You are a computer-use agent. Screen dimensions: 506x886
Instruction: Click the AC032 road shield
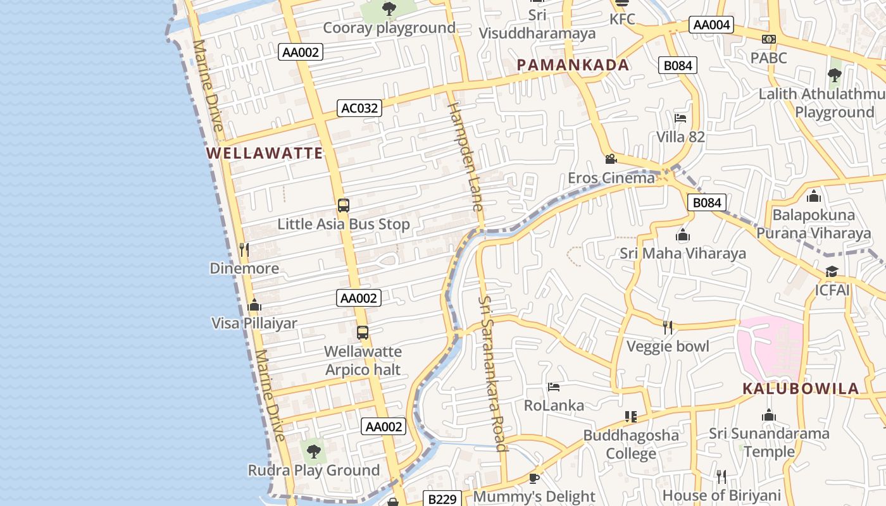(x=359, y=108)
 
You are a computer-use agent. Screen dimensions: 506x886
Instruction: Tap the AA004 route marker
(x=711, y=25)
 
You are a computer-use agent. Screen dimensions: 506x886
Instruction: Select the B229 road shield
(x=442, y=499)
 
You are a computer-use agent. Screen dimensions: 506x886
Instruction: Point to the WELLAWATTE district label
(x=265, y=153)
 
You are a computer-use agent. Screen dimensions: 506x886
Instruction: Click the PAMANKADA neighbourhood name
(x=573, y=65)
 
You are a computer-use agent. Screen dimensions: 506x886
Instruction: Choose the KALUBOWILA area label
(x=801, y=388)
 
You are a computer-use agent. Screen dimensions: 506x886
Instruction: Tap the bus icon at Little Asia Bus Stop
(x=343, y=206)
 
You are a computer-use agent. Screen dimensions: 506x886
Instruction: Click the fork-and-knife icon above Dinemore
(x=244, y=250)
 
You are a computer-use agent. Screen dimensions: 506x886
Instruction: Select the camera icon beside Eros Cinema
(x=611, y=159)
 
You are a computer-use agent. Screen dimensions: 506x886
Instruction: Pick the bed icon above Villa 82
(x=680, y=118)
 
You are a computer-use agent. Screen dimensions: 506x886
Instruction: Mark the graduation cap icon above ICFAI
(x=832, y=272)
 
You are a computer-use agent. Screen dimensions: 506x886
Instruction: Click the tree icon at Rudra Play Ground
(x=313, y=452)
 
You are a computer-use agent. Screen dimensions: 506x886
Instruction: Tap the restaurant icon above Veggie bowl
(x=667, y=328)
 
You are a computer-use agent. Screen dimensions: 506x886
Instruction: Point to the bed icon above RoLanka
(x=554, y=386)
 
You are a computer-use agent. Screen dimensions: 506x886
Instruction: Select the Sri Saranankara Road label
(x=492, y=373)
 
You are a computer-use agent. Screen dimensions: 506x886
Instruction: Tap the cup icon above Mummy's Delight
(x=533, y=478)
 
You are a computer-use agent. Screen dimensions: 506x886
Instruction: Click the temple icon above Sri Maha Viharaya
(x=682, y=235)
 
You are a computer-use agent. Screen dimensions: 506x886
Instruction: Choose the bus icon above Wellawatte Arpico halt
(x=362, y=333)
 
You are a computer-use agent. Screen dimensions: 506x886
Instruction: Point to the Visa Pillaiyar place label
(x=254, y=323)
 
